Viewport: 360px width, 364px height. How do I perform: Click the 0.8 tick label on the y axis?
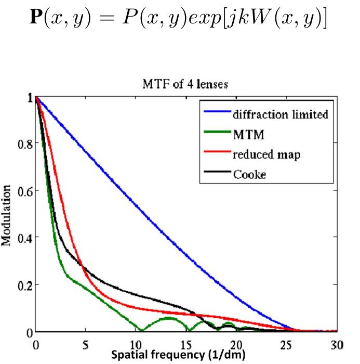click(23, 144)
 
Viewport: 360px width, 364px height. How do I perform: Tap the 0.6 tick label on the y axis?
click(23, 191)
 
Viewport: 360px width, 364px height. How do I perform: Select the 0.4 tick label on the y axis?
click(23, 238)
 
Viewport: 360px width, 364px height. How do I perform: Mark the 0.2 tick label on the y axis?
click(23, 285)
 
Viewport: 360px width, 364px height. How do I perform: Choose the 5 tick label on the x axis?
click(86, 345)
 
